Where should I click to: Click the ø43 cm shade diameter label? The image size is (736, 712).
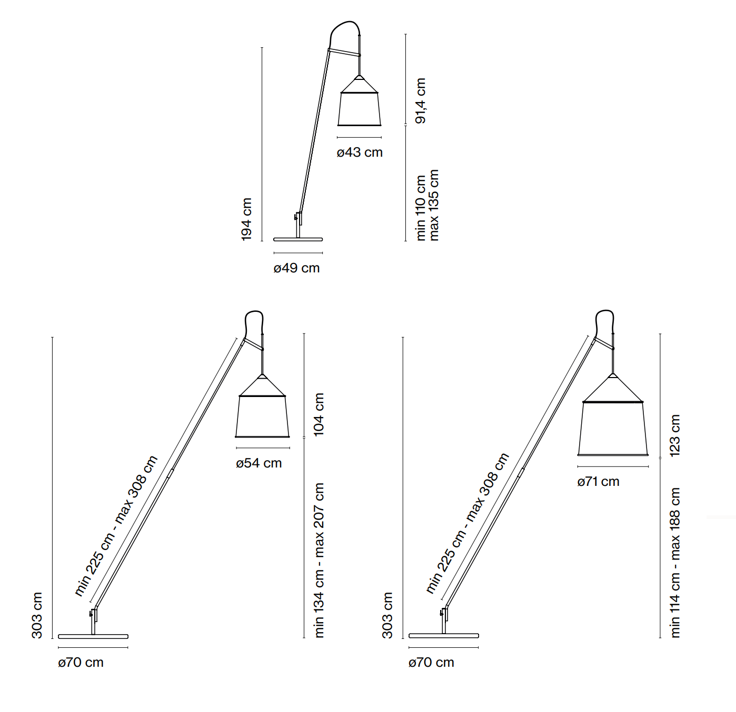(x=359, y=152)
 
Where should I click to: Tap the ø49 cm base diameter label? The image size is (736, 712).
(x=296, y=268)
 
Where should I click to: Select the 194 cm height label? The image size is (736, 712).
(x=246, y=219)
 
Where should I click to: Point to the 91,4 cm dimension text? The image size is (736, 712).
(x=420, y=100)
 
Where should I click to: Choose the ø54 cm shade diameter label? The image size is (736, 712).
(x=258, y=463)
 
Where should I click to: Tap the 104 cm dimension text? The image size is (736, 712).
(x=319, y=414)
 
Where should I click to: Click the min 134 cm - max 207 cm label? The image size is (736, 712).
(x=319, y=561)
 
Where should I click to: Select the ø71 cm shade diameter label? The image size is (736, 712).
(x=599, y=482)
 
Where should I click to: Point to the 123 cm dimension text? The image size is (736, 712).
(x=675, y=435)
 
